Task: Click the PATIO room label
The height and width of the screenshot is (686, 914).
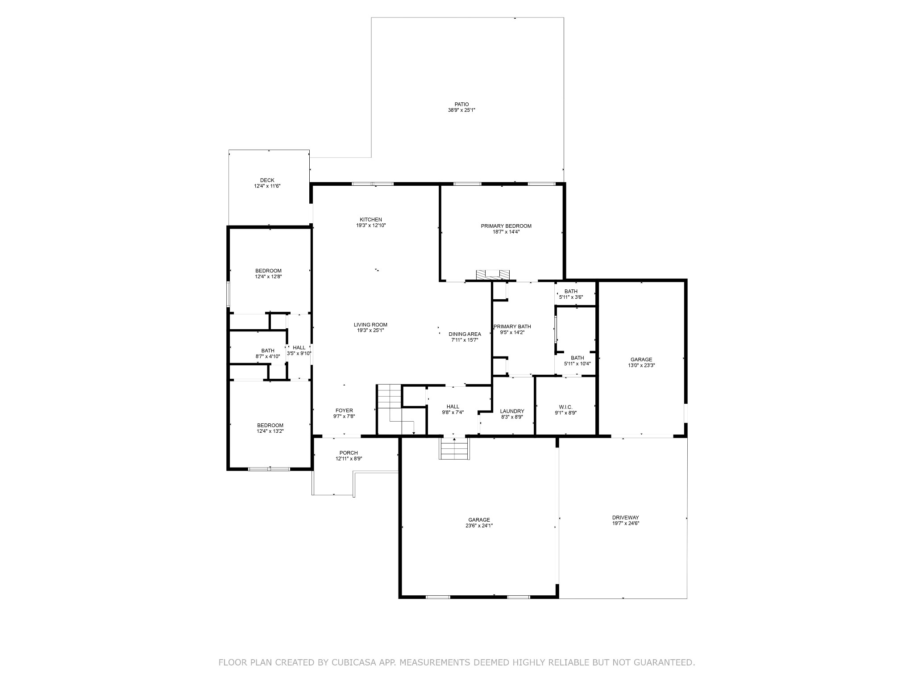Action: (x=461, y=105)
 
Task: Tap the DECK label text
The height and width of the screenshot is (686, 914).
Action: (x=267, y=180)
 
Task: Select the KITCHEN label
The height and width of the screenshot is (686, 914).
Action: (x=371, y=220)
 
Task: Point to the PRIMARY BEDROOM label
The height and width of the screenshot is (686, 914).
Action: (x=506, y=226)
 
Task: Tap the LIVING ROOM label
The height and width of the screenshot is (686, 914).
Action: (x=370, y=325)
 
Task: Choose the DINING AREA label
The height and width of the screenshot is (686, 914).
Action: (x=465, y=334)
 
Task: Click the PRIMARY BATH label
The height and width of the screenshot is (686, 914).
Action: (x=512, y=326)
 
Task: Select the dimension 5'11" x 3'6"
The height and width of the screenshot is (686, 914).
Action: (x=571, y=297)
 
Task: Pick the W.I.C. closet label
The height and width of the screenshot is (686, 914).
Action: (x=565, y=407)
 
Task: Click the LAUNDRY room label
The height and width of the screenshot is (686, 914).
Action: (x=512, y=411)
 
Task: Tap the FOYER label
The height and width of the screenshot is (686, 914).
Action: (x=344, y=410)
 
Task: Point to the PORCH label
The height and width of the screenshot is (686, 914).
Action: (x=349, y=453)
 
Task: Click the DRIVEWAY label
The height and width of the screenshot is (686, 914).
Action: (x=625, y=518)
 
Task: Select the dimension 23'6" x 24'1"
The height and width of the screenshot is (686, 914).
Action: (x=479, y=526)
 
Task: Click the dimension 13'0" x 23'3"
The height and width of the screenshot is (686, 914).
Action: (x=641, y=365)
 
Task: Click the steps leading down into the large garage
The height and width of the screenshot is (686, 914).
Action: (x=455, y=448)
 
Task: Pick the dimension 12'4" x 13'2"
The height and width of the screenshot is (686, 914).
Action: (x=270, y=431)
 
